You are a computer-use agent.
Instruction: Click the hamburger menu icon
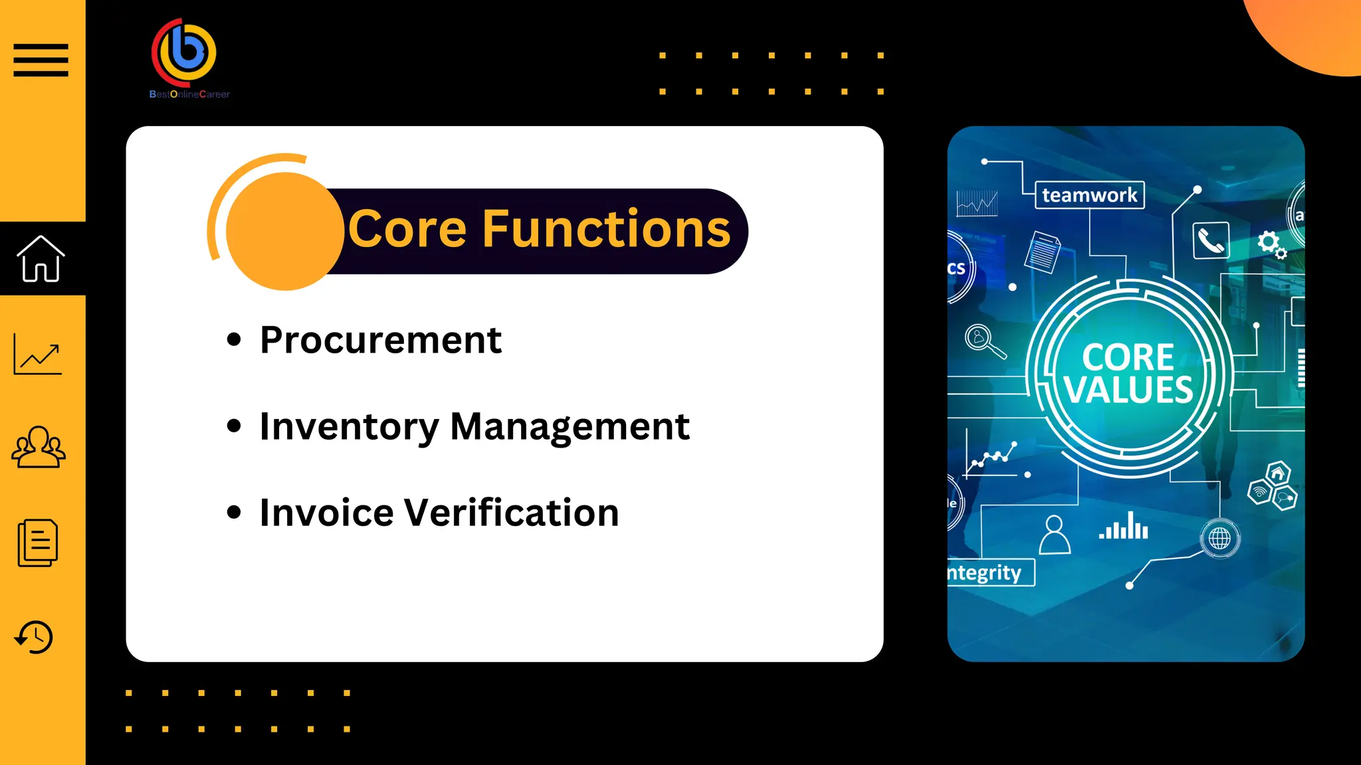tap(41, 60)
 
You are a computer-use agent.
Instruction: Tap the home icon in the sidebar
tap(41, 259)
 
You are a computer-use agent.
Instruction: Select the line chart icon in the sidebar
tap(38, 354)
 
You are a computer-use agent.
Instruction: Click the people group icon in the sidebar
tap(39, 447)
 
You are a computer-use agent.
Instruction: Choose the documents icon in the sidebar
tap(38, 543)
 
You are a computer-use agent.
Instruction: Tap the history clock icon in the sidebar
tap(34, 637)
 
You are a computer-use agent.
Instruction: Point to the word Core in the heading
tap(407, 229)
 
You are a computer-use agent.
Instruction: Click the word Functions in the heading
tap(605, 229)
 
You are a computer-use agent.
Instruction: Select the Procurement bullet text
tap(381, 341)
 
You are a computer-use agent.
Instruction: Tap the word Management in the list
tap(570, 427)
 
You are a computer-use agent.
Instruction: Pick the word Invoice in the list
tap(326, 513)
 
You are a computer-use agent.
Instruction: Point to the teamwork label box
tap(1090, 195)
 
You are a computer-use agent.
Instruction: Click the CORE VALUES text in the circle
tap(1128, 374)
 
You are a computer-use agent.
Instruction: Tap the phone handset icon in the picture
tap(1211, 240)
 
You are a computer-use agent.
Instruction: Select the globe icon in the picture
tap(1219, 538)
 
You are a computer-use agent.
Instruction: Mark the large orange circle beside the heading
tap(285, 231)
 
